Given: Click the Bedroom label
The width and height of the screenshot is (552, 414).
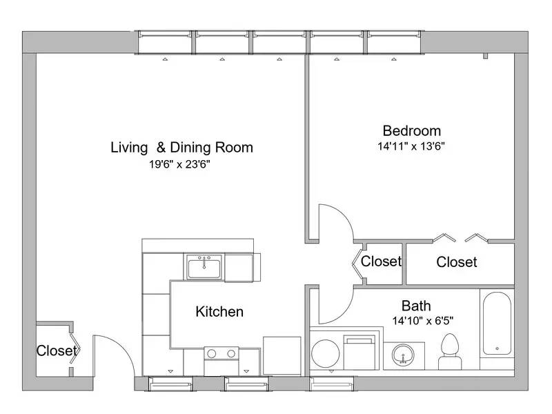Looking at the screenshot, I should (x=411, y=130).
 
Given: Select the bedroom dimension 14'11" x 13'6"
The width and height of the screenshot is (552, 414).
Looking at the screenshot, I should (x=411, y=146).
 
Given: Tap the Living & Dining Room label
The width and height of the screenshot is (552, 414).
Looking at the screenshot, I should (x=181, y=147).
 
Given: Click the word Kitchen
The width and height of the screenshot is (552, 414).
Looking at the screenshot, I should (x=219, y=312).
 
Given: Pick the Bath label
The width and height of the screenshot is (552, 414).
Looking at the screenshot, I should (x=416, y=305).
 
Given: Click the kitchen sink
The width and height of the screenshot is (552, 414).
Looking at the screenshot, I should (x=204, y=266).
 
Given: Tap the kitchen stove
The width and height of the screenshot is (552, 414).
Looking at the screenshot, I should (x=221, y=353).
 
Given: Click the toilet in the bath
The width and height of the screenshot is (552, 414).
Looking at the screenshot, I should (x=450, y=351).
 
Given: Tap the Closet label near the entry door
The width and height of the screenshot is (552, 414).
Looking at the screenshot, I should (x=57, y=351).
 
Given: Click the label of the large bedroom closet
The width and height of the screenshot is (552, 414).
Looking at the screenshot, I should (x=457, y=262).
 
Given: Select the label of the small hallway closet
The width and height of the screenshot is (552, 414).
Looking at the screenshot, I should (x=381, y=262).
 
